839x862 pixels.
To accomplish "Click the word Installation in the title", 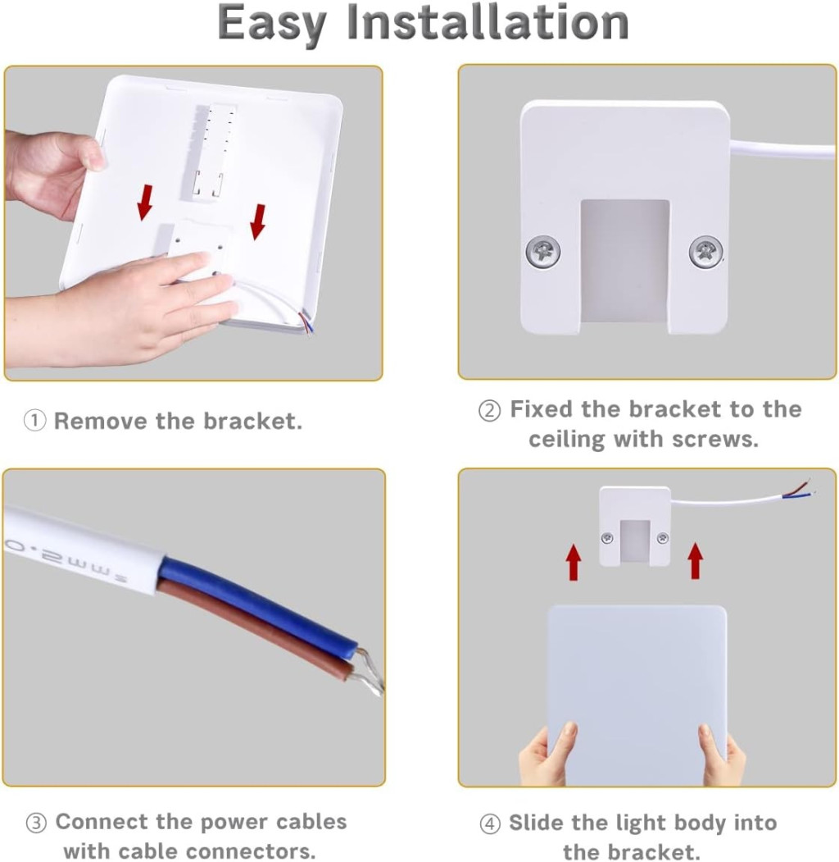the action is [x=488, y=22].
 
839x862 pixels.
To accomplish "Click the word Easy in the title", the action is [x=272, y=25].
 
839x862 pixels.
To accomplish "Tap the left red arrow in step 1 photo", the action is [x=145, y=202].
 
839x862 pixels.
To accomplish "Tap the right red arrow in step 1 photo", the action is [x=257, y=221].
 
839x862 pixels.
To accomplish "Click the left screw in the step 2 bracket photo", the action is [x=542, y=253].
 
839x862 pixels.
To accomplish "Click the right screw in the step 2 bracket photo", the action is [x=705, y=253].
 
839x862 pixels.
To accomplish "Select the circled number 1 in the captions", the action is [x=34, y=421].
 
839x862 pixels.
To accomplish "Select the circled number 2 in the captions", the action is [x=489, y=411].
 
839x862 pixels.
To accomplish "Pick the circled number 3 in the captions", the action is [x=36, y=823].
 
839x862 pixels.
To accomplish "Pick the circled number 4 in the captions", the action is [x=490, y=824].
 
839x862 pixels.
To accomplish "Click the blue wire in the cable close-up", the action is [x=258, y=604].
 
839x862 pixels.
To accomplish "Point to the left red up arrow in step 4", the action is [x=574, y=562].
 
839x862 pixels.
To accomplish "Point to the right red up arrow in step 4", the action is [x=695, y=560].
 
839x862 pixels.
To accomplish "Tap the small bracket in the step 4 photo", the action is [x=635, y=526].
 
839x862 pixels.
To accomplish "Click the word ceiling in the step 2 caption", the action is [x=568, y=440].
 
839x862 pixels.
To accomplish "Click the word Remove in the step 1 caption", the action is [x=101, y=421].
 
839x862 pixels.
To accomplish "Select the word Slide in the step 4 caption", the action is [x=537, y=823].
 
